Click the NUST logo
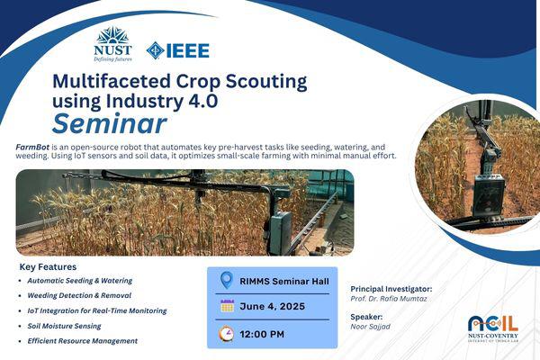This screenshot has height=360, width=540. [112, 44]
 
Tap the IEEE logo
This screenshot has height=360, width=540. [177, 50]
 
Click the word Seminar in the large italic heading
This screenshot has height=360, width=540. [110, 123]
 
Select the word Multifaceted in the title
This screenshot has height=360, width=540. [112, 81]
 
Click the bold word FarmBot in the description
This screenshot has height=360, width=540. [32, 147]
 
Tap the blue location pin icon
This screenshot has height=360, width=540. [227, 281]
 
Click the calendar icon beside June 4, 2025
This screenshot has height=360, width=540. [227, 306]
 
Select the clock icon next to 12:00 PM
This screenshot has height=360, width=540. [226, 334]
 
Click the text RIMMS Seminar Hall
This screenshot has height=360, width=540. [284, 282]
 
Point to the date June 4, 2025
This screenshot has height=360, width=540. [272, 306]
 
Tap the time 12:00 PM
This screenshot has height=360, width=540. [262, 334]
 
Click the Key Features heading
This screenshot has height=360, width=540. [48, 267]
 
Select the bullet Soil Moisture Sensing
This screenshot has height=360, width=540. [65, 326]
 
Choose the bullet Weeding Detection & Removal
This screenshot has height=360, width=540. [79, 295]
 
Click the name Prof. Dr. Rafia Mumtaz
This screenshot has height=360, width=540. [389, 299]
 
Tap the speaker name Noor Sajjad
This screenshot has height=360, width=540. [370, 327]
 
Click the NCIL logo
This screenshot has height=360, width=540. [493, 328]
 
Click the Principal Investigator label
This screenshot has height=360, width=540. [391, 289]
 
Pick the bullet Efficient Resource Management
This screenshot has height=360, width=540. [82, 341]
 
